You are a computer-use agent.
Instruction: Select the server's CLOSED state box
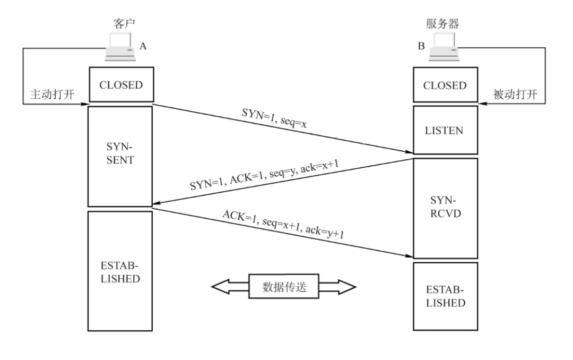pos(445,85)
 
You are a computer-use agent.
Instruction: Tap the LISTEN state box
pos(445,130)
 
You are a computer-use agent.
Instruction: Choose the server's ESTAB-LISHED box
pos(445,296)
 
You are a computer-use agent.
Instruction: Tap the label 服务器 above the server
pos(442,24)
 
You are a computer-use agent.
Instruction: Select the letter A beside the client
pos(143,47)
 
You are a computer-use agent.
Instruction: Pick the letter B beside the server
pos(421,47)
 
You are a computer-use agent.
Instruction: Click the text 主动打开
pos(49,94)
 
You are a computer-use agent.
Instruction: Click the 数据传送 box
pos(284,287)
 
